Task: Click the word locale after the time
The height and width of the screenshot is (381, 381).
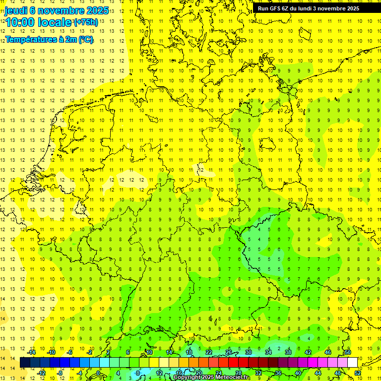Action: click(x=55, y=22)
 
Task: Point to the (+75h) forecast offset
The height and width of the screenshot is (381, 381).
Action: click(x=85, y=22)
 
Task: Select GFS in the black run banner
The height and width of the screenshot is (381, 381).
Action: click(x=277, y=8)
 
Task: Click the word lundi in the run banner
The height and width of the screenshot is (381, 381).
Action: click(x=312, y=8)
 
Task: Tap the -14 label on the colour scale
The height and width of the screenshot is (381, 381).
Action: click(x=32, y=352)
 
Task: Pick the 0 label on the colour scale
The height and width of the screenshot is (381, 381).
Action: click(x=99, y=373)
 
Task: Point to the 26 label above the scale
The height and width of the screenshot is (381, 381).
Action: click(x=229, y=352)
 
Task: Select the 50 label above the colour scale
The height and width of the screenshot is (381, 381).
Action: click(x=348, y=352)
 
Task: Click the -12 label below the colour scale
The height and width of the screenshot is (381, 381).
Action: click(x=42, y=373)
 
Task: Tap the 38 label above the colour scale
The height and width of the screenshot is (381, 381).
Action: click(x=288, y=352)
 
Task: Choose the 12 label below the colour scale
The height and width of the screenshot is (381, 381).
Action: click(x=159, y=373)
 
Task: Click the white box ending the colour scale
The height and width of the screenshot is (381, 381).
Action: click(x=353, y=363)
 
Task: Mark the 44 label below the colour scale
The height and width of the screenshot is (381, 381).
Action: click(x=318, y=373)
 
